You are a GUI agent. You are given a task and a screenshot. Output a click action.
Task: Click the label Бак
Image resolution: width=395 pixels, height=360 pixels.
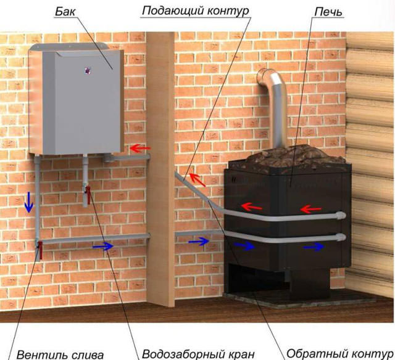[x=65, y=12]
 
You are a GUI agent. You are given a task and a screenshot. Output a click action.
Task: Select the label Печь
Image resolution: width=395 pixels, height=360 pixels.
[x=328, y=12]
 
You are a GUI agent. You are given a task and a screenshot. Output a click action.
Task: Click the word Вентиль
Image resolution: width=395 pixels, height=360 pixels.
[x=43, y=355]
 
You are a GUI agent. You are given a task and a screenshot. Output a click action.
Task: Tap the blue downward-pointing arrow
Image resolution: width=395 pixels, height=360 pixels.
[x=29, y=202]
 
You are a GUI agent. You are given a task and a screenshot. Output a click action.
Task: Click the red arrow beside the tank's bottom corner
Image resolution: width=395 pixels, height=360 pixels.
[x=140, y=149]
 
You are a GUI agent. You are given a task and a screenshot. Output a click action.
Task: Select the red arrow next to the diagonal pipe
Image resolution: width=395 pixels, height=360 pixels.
[x=197, y=179]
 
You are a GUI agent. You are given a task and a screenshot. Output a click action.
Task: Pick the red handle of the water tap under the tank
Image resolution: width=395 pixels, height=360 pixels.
[x=88, y=195]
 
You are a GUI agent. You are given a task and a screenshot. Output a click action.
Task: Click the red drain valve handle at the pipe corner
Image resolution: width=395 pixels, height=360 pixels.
[x=40, y=250]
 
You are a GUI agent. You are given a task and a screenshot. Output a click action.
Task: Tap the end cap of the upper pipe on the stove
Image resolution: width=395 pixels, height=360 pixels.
[x=341, y=216]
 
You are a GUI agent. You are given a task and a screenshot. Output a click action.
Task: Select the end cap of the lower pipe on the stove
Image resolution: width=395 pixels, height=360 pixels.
[x=341, y=237]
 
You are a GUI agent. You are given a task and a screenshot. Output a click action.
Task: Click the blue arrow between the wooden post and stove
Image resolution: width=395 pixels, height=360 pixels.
[x=199, y=242]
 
